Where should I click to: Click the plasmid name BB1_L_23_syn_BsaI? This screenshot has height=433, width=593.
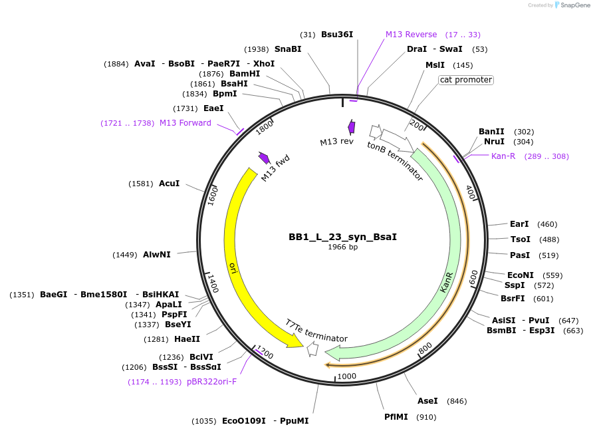[x=342, y=237]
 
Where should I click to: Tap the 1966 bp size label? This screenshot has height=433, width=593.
[x=342, y=247]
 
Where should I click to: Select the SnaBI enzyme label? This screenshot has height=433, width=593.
[x=287, y=49]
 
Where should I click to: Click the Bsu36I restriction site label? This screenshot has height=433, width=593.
[x=337, y=35]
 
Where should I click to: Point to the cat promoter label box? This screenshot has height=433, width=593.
[x=466, y=80]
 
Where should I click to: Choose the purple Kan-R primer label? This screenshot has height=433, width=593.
[x=503, y=156]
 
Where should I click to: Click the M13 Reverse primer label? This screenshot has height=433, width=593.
[x=411, y=35]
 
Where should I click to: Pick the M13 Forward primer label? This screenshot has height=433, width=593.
[x=185, y=123]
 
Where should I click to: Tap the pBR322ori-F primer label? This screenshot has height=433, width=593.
[x=211, y=382]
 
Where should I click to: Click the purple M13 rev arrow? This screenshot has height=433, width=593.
[x=351, y=127]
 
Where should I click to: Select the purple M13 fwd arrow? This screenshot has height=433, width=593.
[x=264, y=158]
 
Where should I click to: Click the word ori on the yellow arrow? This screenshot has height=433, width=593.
[x=233, y=267]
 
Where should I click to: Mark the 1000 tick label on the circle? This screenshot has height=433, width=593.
[x=347, y=376]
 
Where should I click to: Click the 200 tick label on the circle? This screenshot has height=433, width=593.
[x=417, y=125]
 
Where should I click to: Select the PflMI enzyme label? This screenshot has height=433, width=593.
[x=396, y=417]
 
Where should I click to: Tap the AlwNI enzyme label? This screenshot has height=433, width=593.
[x=157, y=255]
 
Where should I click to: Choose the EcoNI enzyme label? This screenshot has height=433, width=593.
[x=521, y=275]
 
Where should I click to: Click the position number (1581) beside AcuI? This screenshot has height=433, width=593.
[x=141, y=184]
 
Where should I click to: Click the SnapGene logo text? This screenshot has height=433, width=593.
[x=576, y=5]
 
